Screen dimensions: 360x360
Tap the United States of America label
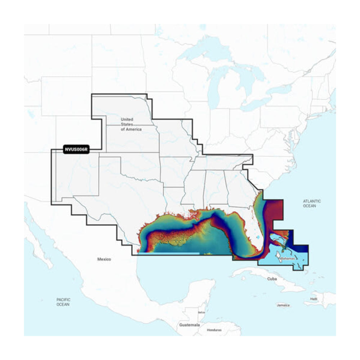(x=131, y=124)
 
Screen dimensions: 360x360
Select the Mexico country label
(x=104, y=259)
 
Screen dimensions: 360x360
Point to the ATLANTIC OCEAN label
(x=311, y=204)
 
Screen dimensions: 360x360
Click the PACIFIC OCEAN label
(x=63, y=302)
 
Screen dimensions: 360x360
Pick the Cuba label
(x=273, y=279)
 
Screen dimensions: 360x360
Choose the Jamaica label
(x=283, y=305)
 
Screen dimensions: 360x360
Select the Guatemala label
(x=189, y=325)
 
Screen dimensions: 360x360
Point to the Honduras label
(x=214, y=330)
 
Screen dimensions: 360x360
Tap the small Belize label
(x=201, y=312)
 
